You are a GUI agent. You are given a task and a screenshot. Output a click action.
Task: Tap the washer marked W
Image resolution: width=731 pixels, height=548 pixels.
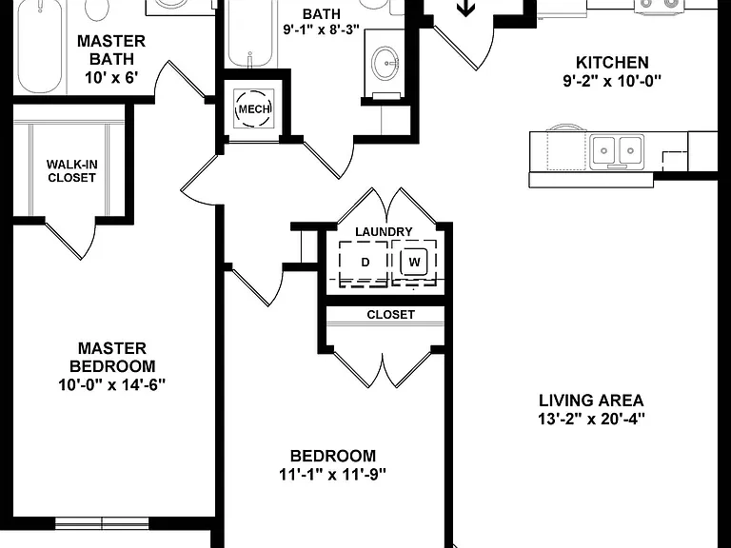click(x=414, y=262)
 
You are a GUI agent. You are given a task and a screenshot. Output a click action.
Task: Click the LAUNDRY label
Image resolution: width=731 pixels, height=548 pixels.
click(x=384, y=231)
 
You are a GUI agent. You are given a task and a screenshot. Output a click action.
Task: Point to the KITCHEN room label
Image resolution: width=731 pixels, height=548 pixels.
click(x=612, y=63)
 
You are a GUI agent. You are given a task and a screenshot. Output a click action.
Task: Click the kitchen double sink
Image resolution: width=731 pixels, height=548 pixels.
click(x=617, y=151)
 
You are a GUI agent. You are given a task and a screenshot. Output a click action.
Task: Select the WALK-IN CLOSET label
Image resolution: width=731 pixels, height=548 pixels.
click(x=71, y=171)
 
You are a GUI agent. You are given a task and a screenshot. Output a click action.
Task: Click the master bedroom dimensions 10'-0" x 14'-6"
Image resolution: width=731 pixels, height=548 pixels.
click(x=112, y=385)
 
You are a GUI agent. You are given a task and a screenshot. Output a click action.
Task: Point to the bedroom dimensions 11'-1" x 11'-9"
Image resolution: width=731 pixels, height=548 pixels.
click(x=332, y=475)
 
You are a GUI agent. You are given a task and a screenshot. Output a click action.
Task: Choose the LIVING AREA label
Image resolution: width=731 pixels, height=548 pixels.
click(x=591, y=401)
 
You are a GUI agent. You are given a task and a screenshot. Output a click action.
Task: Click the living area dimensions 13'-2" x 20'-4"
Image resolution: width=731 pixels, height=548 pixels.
click(x=591, y=419)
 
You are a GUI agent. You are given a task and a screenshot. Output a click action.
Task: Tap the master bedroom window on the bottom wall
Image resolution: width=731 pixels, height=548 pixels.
click(x=102, y=523)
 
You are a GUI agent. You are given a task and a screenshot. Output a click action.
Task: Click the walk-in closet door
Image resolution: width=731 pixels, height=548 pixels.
click(x=66, y=239)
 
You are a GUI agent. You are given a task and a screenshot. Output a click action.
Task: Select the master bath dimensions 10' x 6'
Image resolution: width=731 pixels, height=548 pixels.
click(x=111, y=77)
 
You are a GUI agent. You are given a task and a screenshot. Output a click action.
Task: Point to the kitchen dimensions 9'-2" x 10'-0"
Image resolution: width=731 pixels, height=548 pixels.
click(x=612, y=81)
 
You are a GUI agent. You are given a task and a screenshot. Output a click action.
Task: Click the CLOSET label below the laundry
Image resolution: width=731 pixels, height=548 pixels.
click(x=390, y=315)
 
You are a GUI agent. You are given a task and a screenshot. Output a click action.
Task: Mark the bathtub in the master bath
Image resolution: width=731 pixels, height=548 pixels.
click(x=40, y=46)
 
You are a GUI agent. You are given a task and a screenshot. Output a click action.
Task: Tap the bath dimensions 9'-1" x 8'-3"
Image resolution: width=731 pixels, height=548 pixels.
click(x=322, y=29)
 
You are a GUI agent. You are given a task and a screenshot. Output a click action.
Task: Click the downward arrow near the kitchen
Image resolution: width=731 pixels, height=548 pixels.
click(x=465, y=8)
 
